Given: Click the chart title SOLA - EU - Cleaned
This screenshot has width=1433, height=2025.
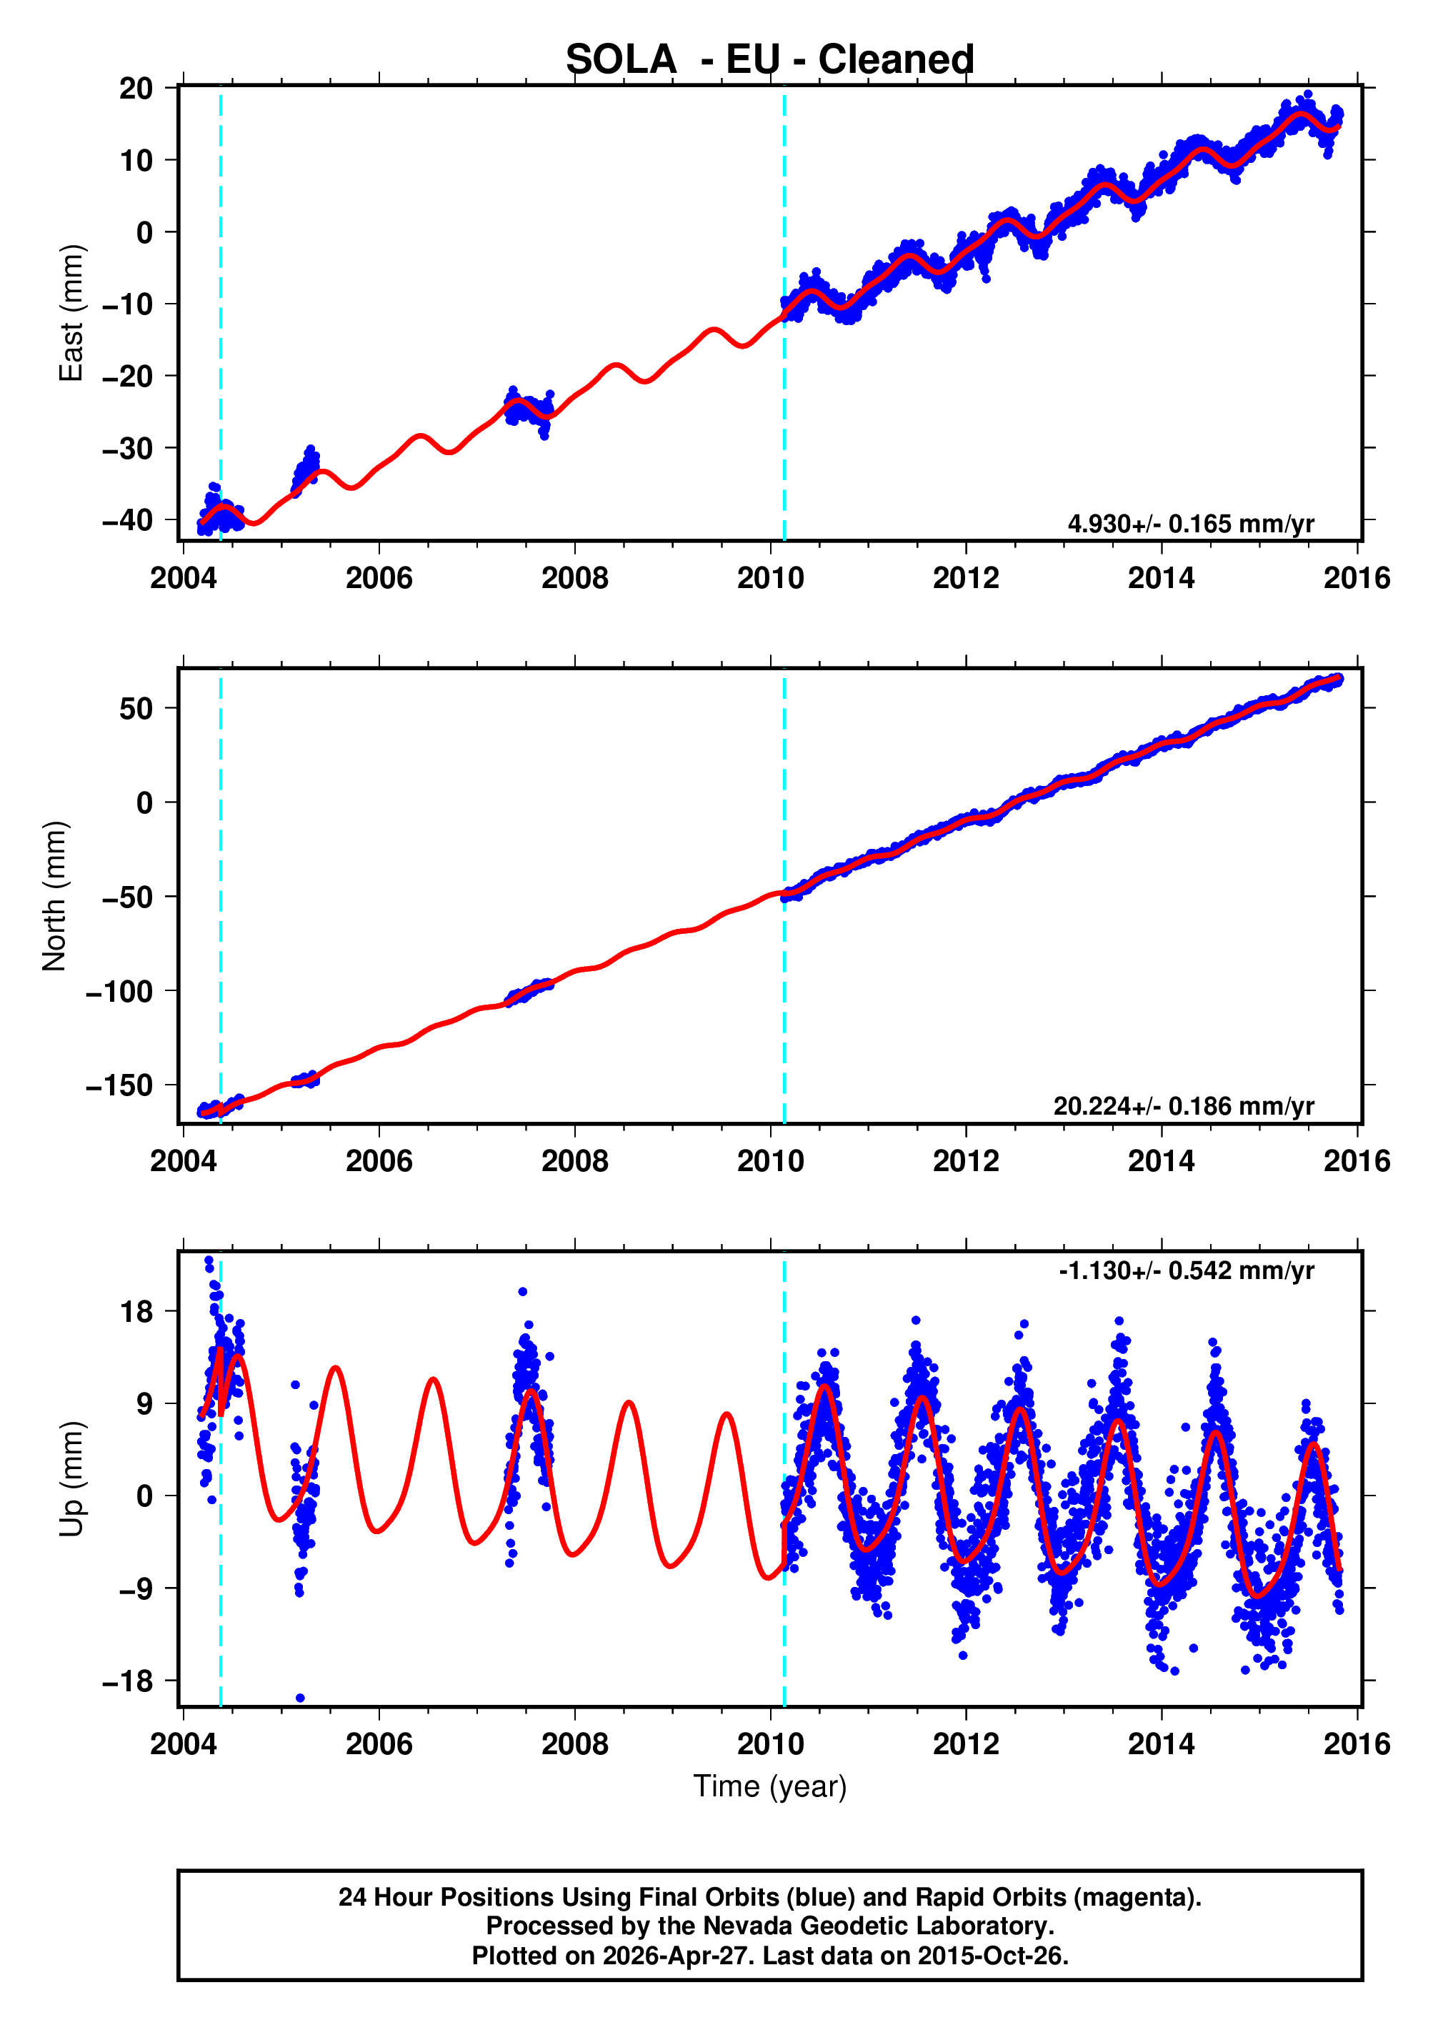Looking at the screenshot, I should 769,60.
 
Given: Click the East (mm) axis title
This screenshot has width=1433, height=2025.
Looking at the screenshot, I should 71,313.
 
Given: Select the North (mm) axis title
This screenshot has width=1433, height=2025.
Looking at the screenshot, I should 55,895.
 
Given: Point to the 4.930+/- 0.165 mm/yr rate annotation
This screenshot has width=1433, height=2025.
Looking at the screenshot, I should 1190,524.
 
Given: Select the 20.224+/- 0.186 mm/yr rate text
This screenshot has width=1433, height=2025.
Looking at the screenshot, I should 1183,1107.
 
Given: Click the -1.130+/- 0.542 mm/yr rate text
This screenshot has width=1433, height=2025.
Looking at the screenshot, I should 1186,1270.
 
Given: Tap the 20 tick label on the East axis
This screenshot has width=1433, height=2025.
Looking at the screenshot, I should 136,88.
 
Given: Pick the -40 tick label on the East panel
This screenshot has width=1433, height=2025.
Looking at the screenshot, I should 127,521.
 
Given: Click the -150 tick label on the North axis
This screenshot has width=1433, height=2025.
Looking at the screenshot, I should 119,1086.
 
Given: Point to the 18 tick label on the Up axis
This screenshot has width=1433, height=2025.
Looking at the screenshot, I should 136,1312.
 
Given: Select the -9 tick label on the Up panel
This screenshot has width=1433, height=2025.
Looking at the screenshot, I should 128,1589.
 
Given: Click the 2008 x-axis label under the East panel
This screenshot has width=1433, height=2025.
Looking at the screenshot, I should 574,579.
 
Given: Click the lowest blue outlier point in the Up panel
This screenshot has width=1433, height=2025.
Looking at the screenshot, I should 300,1698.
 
